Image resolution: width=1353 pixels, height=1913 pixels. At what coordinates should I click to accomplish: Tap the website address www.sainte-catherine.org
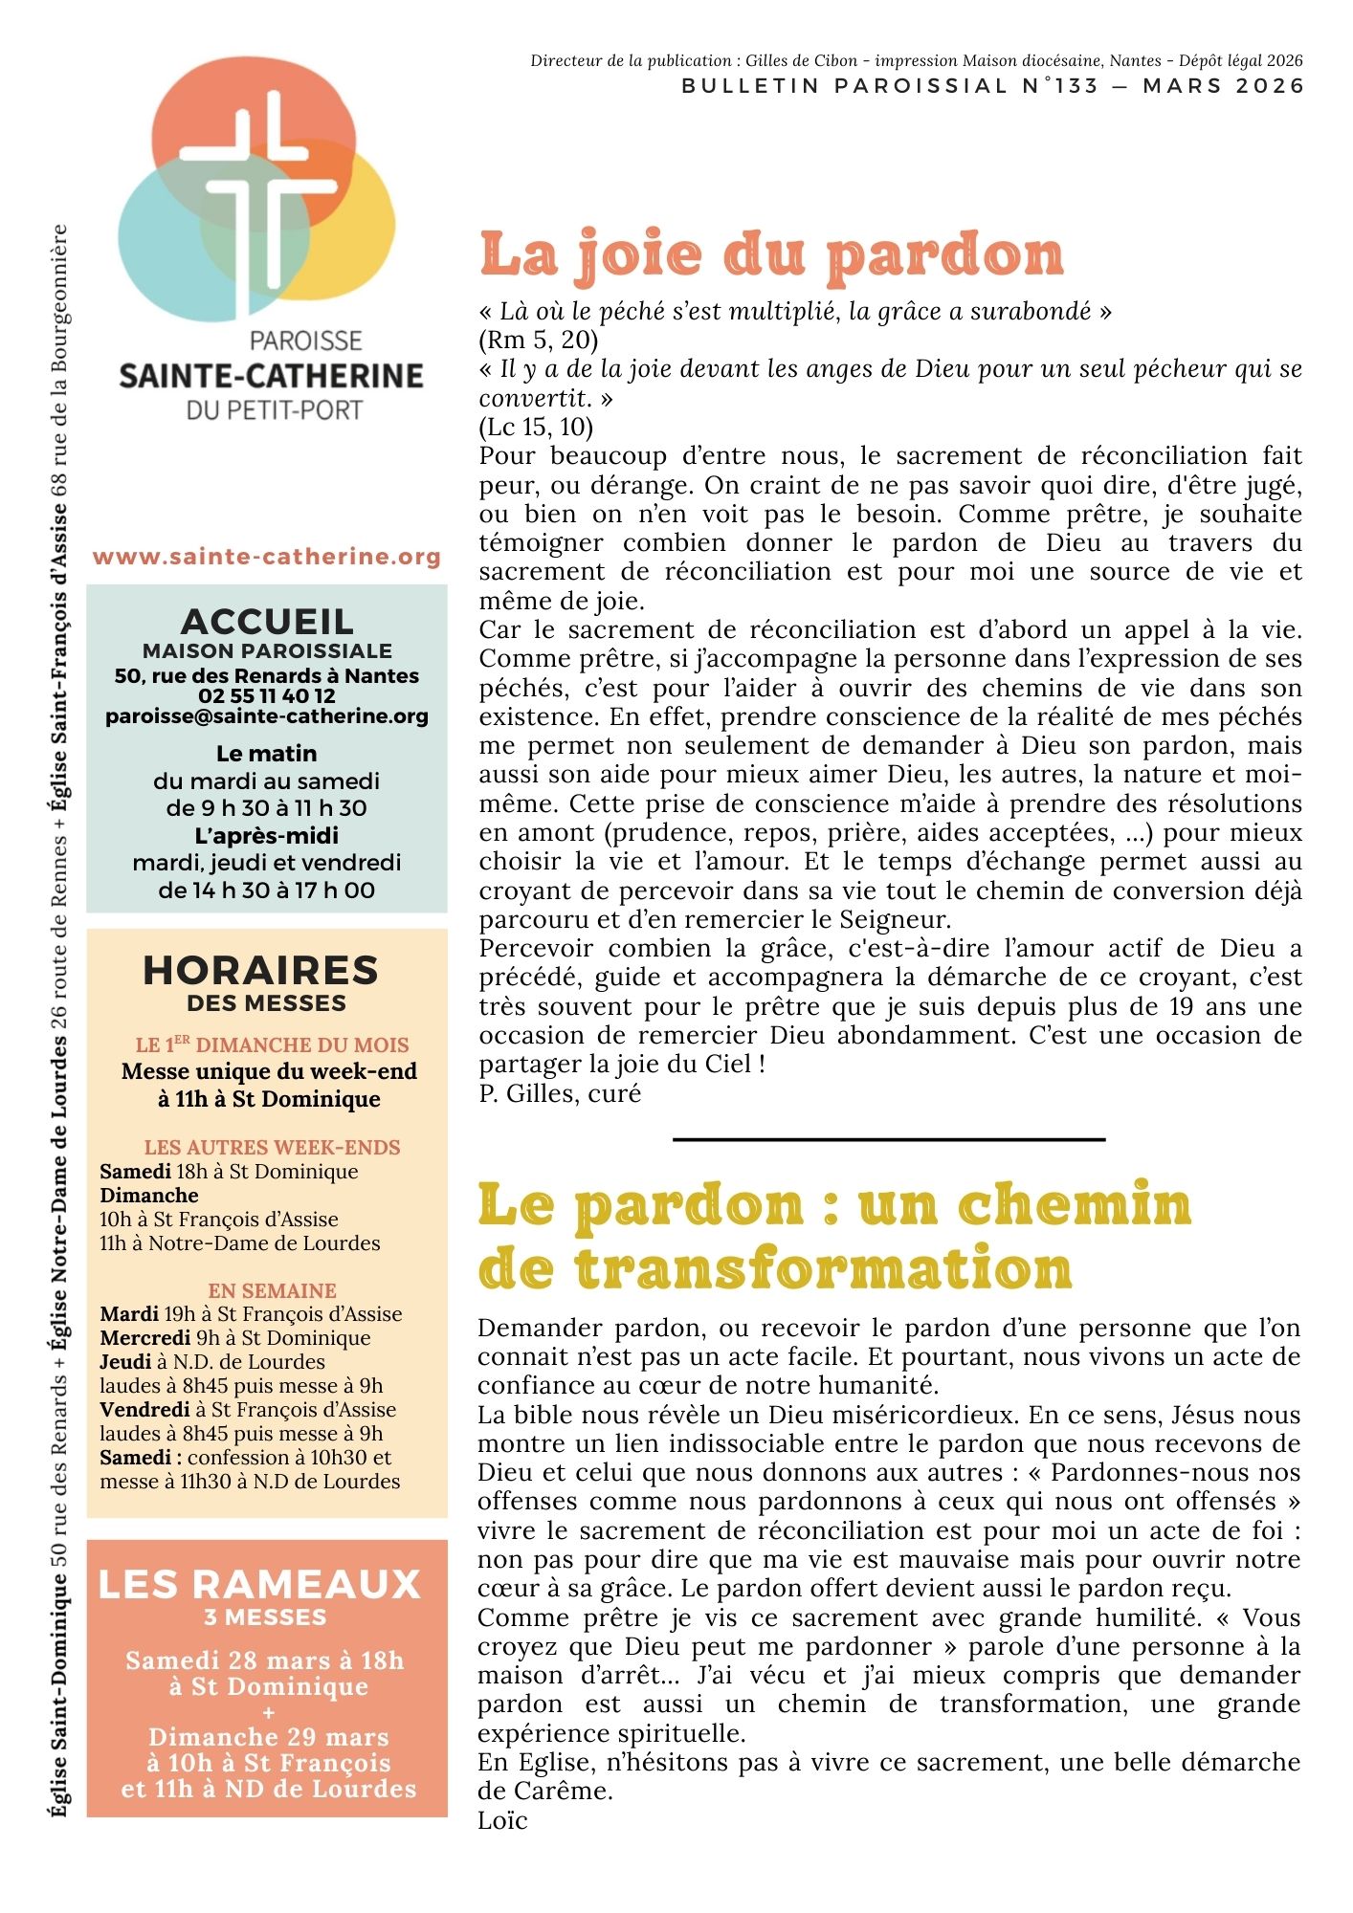click(x=267, y=557)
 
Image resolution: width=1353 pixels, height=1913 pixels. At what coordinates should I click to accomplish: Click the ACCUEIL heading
click(x=267, y=622)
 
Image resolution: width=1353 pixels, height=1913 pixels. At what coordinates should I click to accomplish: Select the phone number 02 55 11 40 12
click(x=267, y=695)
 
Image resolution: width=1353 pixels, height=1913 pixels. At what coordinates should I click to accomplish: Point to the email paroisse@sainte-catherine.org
click(x=267, y=715)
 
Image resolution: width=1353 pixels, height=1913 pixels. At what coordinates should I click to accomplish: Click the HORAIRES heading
click(x=261, y=970)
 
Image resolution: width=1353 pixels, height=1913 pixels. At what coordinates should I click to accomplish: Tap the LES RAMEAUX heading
click(x=260, y=1584)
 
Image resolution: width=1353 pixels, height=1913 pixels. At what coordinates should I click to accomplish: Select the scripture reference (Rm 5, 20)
click(x=539, y=340)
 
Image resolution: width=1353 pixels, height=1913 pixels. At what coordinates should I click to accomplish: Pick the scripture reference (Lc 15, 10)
click(x=536, y=427)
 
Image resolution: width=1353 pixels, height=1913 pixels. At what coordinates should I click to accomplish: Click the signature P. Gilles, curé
click(x=560, y=1093)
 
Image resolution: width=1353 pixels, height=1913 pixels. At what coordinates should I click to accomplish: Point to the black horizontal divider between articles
click(x=889, y=1139)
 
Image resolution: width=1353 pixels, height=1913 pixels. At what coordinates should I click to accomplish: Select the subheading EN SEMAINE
click(x=273, y=1290)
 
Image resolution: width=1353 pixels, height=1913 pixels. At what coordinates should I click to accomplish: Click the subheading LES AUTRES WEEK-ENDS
click(x=273, y=1147)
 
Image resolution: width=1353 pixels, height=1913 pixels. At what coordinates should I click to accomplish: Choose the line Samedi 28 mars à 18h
click(x=265, y=1660)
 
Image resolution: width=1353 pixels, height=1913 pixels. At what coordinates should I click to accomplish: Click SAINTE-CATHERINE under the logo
click(x=271, y=376)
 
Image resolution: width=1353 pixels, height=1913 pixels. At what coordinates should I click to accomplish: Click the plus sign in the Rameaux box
click(x=268, y=1712)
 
